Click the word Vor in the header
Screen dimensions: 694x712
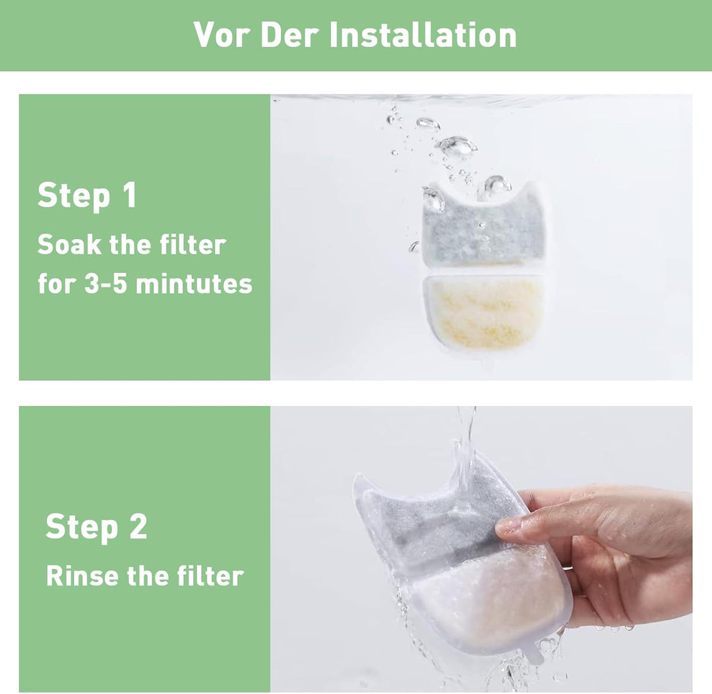point(222,34)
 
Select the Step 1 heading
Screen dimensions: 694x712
point(87,195)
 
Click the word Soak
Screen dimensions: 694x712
point(69,245)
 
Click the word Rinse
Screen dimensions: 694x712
point(82,576)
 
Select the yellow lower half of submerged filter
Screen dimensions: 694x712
point(485,311)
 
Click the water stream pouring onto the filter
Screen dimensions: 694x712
point(465,448)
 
